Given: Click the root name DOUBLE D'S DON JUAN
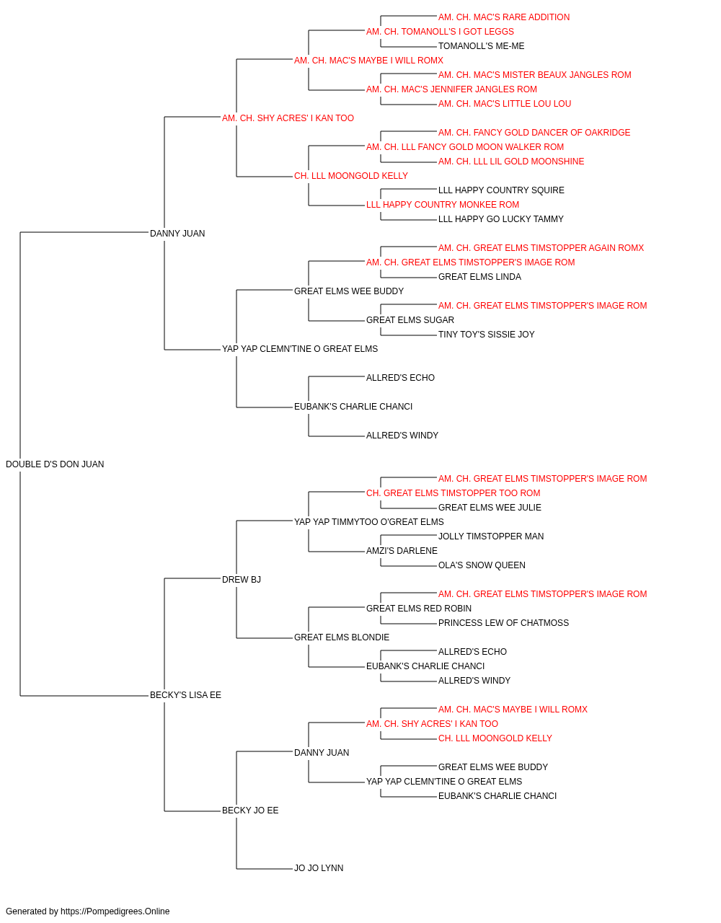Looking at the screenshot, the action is [55, 464].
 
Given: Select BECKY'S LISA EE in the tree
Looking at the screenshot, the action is [185, 695].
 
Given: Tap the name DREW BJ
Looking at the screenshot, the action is [242, 579].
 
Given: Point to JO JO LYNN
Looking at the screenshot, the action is [319, 867].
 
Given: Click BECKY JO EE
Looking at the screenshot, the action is [250, 810].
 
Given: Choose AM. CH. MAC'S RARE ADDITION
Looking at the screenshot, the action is [504, 17].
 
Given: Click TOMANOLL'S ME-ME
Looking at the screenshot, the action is [481, 46].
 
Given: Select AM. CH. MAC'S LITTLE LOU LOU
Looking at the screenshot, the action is [505, 104].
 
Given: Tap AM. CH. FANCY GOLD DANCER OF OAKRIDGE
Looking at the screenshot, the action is [534, 133].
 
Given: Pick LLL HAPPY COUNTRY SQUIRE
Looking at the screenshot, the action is [501, 190].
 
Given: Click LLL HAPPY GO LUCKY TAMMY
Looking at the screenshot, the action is [500, 219].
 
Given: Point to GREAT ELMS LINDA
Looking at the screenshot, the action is [479, 277].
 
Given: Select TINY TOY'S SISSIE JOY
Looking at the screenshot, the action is [486, 335].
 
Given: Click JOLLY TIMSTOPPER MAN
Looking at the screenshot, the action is [491, 536].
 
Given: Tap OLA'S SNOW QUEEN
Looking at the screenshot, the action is [482, 565].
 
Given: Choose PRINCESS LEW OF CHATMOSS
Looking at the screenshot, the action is [503, 623].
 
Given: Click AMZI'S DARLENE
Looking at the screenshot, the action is [402, 551].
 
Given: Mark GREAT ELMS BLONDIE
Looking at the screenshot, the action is [341, 637].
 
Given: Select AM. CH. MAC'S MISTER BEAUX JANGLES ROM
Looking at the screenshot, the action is [534, 75].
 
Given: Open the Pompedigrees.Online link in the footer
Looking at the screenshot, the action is [115, 911].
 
